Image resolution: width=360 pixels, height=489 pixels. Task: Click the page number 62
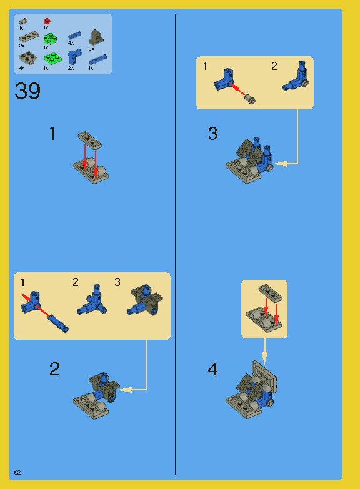[x=17, y=472]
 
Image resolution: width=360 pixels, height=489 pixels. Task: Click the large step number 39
[x=27, y=92]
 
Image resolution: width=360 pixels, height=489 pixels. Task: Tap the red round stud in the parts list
[x=46, y=21]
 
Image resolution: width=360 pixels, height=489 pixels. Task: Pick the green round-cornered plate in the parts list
[x=49, y=39]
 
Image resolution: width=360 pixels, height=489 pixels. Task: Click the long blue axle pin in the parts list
[x=98, y=60]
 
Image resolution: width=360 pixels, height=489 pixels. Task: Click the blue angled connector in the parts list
[x=73, y=57]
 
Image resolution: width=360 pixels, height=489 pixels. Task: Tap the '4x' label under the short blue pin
[x=71, y=43]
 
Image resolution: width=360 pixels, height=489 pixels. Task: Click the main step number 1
[x=52, y=134]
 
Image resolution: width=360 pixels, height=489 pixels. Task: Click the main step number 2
[x=55, y=369]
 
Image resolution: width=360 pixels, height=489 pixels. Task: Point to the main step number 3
[x=212, y=134]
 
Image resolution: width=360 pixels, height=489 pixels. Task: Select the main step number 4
[x=212, y=370]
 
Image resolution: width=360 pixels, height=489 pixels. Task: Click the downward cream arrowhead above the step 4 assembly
[x=264, y=358]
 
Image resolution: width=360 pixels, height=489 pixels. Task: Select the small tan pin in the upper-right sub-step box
[x=252, y=98]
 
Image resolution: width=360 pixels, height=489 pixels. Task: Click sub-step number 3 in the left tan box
[x=117, y=282]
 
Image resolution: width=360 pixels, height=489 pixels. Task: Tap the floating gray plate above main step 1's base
[x=91, y=139]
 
